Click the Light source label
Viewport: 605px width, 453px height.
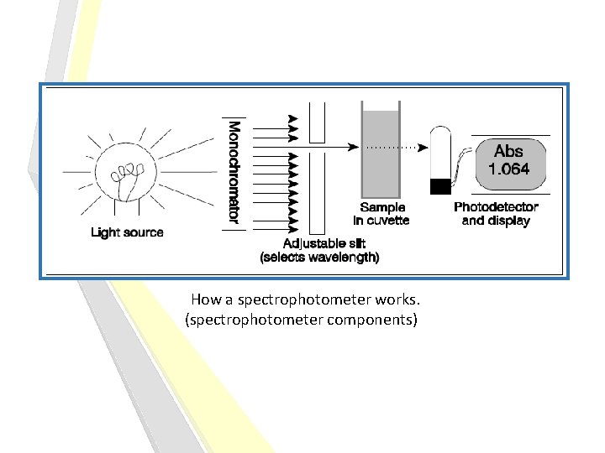click(127, 232)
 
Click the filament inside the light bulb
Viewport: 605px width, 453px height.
click(127, 175)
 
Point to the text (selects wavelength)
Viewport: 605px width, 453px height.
click(320, 258)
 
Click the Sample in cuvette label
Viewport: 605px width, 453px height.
click(382, 214)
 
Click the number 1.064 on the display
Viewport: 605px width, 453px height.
click(508, 169)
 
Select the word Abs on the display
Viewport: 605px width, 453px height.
click(508, 152)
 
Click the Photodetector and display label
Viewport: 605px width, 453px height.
click(496, 214)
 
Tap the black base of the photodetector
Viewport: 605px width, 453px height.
click(440, 186)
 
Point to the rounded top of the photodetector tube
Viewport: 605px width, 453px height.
click(440, 134)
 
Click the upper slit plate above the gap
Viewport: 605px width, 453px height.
click(317, 122)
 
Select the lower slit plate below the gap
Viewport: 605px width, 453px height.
click(317, 193)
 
